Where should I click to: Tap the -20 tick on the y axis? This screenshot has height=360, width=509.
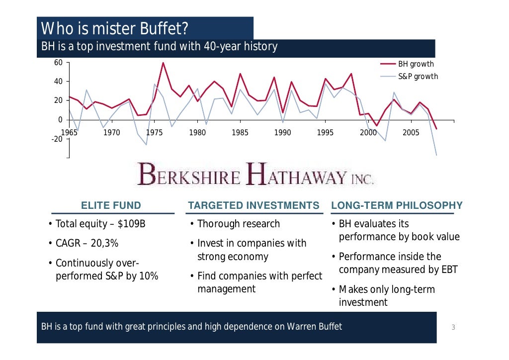pos(57,139)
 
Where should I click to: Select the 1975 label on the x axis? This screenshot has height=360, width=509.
pos(155,133)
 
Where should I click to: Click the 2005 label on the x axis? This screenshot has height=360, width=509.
pos(411,133)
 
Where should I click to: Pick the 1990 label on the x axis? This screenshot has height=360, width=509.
pos(283,133)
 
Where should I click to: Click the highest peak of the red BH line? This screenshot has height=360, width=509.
pos(163,63)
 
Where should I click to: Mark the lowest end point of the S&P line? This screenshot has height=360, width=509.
pos(437,155)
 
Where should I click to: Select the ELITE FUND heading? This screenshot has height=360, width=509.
pos(111,205)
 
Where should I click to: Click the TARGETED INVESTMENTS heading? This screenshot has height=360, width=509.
pos(254,205)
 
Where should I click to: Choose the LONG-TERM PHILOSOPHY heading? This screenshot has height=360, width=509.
pos(397,205)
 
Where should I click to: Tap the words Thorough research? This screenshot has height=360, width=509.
pos(239,224)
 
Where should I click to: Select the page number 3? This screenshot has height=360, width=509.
pos(453,327)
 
